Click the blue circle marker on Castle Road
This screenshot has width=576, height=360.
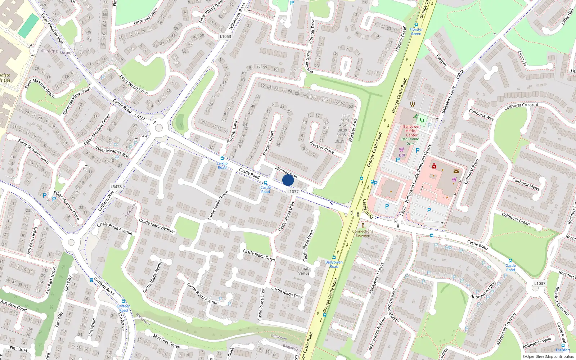[288, 180]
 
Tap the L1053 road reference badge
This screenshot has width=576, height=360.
[225, 36]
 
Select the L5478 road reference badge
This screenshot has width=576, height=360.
[116, 186]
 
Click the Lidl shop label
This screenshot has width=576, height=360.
[402, 155]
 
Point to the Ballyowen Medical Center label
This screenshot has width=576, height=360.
[412, 131]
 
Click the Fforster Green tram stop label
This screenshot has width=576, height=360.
[416, 32]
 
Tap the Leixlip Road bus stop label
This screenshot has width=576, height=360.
[222, 165]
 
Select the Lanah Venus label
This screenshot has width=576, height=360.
[304, 271]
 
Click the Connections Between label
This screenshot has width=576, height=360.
[363, 233]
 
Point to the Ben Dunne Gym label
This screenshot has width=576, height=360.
[410, 141]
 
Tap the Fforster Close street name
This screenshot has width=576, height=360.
[322, 147]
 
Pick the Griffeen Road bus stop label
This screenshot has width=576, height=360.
[123, 308]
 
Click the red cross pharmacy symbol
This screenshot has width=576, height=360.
[434, 166]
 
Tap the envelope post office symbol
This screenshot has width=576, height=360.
[456, 171]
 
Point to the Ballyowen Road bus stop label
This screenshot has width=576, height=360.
[334, 264]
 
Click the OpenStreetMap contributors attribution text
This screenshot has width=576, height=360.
[548, 357]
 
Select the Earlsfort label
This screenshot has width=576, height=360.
[563, 350]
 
